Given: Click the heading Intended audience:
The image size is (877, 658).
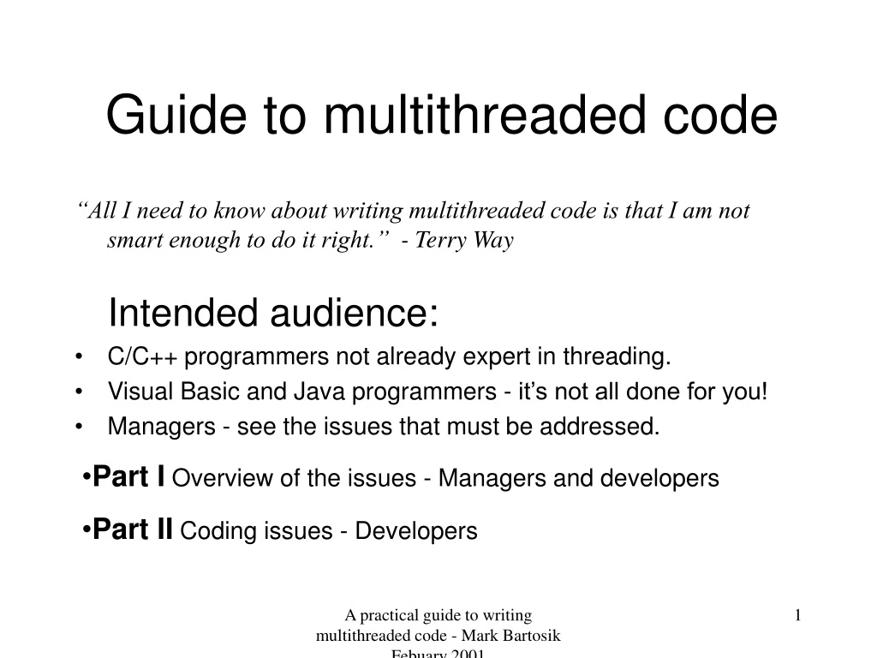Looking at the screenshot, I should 273,314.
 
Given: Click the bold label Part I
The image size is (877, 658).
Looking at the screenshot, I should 129,476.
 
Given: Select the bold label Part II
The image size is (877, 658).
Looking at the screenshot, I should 133,529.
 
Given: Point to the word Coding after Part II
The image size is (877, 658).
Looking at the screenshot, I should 207,531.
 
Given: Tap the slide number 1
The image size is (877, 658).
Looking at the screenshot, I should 797,615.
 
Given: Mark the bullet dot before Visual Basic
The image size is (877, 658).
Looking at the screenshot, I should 79,392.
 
